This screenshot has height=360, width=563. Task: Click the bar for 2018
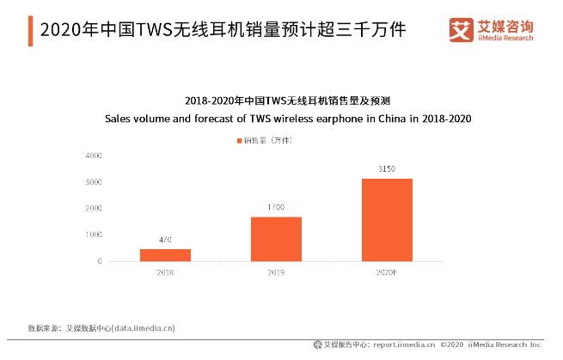click(x=165, y=255)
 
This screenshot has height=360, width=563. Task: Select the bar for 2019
click(x=276, y=239)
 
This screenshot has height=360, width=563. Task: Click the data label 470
click(x=165, y=241)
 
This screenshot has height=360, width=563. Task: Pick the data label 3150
click(x=387, y=170)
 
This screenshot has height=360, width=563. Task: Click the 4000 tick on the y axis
click(x=95, y=156)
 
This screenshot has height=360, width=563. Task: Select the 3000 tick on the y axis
click(x=95, y=182)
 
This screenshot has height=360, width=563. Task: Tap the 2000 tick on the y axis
click(x=95, y=209)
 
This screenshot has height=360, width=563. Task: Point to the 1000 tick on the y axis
click(x=95, y=235)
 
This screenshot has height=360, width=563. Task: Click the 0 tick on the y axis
click(x=100, y=261)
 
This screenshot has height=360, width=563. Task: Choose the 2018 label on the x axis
click(x=165, y=272)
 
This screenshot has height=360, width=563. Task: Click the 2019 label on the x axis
click(x=276, y=272)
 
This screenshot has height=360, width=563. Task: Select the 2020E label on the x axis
click(x=387, y=272)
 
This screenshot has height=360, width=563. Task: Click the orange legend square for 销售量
click(x=239, y=139)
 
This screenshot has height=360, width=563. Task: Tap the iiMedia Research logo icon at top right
click(x=462, y=30)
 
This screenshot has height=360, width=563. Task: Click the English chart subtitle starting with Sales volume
click(x=288, y=118)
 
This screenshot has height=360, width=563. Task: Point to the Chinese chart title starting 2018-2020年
click(x=288, y=101)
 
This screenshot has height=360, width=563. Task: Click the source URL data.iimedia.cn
click(x=144, y=327)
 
